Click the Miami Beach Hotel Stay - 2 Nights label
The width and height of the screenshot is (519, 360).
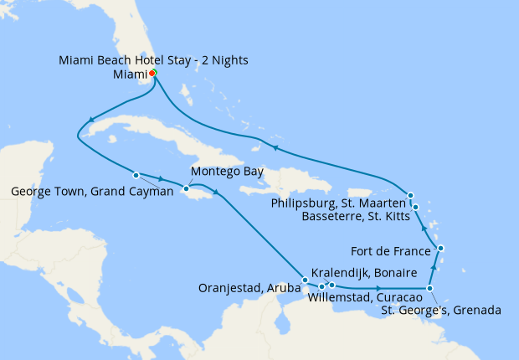pyautogui.click(x=153, y=60)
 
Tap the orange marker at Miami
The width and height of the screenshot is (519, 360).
pyautogui.click(x=152, y=73)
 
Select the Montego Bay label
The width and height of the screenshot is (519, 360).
pyautogui.click(x=227, y=172)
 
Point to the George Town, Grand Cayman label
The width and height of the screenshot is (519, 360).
pyautogui.click(x=90, y=191)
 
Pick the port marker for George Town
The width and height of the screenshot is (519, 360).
pyautogui.click(x=136, y=175)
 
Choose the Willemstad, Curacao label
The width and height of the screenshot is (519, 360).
pyautogui.click(x=364, y=297)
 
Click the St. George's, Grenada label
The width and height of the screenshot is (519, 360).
pyautogui.click(x=441, y=311)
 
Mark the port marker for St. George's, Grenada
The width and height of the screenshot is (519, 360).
pyautogui.click(x=430, y=289)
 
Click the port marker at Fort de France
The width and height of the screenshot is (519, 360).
pyautogui.click(x=441, y=249)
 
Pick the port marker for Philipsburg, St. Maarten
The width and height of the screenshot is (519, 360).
pyautogui.click(x=411, y=196)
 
